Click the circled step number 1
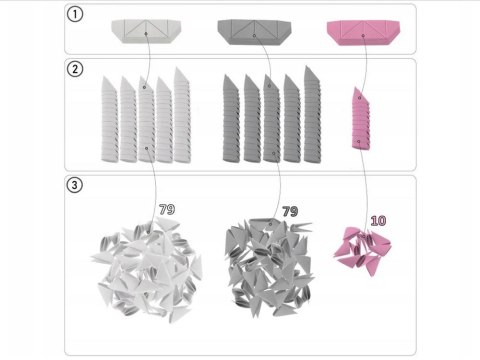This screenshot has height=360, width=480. (x=75, y=15)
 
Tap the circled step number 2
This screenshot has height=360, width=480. (x=75, y=71)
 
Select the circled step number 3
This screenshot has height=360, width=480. (x=75, y=186)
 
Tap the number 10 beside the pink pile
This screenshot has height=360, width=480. (x=378, y=219)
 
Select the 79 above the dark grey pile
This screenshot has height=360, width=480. (x=290, y=212)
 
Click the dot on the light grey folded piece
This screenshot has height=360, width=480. (x=146, y=34)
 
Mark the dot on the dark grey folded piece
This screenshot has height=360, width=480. (x=254, y=35)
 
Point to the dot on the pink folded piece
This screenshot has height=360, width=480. (x=361, y=35)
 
